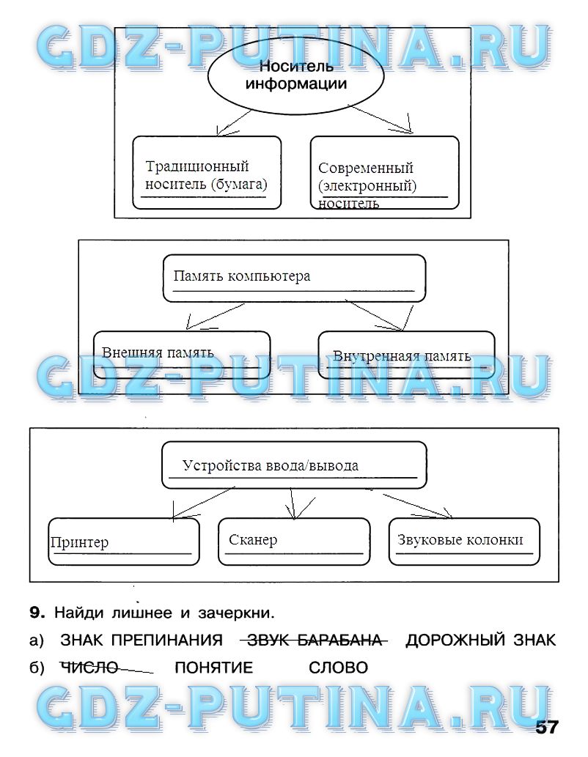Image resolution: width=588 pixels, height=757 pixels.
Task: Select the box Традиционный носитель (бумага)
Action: pyautogui.click(x=207, y=173)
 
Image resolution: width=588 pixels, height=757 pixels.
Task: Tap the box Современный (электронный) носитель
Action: pyautogui.click(x=384, y=176)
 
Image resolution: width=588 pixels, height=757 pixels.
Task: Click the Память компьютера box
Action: pyautogui.click(x=293, y=277)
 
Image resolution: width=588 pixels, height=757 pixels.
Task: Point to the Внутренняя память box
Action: pyautogui.click(x=406, y=355)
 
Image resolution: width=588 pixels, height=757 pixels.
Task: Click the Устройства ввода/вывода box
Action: pyautogui.click(x=293, y=465)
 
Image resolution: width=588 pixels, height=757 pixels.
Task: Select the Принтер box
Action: pyautogui.click(x=123, y=542)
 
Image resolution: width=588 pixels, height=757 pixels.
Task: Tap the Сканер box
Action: pyautogui.click(x=294, y=541)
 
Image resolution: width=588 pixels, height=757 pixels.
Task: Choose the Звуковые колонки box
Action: pyautogui.click(x=464, y=541)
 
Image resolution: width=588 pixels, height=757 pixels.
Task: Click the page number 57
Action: pyautogui.click(x=546, y=727)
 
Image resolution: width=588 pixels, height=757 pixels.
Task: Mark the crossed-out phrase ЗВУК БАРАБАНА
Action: pyautogui.click(x=314, y=640)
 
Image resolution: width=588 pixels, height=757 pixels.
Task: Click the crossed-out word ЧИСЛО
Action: pyautogui.click(x=89, y=668)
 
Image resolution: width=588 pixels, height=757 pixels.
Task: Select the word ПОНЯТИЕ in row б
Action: pyautogui.click(x=213, y=668)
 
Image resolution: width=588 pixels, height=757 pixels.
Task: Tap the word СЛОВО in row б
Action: pyautogui.click(x=338, y=668)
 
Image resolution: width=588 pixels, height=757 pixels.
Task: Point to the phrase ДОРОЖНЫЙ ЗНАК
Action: pyautogui.click(x=481, y=640)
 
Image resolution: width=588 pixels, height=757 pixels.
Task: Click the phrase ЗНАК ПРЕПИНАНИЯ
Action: pyautogui.click(x=142, y=640)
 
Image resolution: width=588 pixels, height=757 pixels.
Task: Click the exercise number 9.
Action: pyautogui.click(x=38, y=612)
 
